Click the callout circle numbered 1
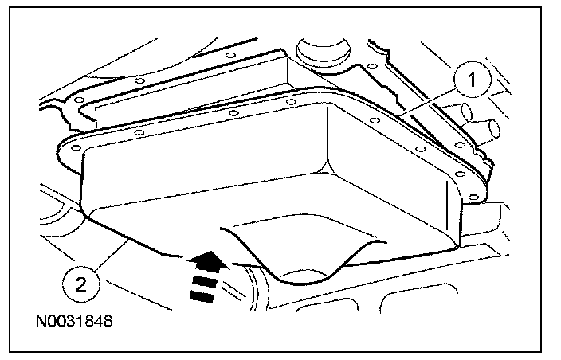pos(472,80)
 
